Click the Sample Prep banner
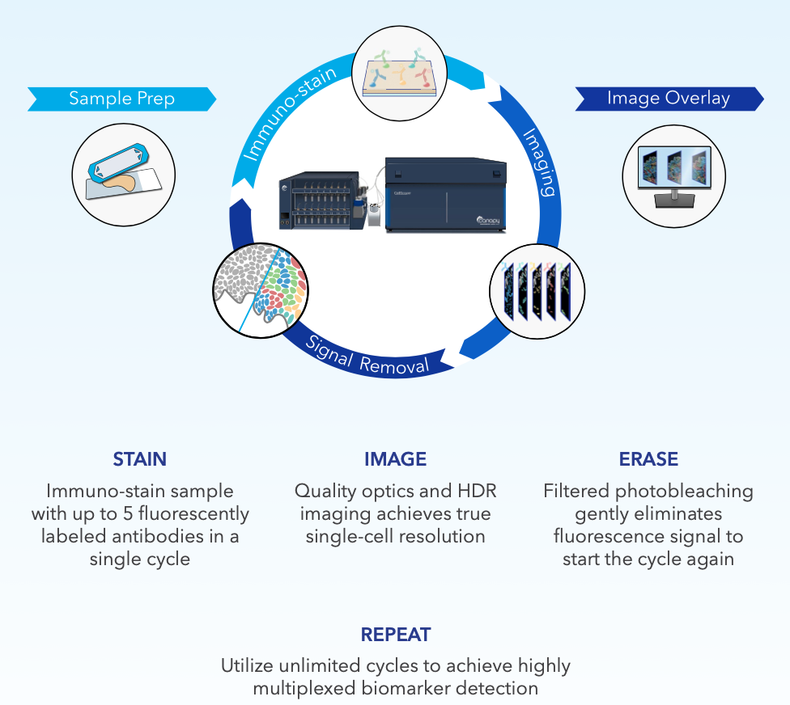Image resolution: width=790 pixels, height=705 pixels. [121, 99]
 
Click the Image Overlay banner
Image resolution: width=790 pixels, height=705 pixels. [669, 99]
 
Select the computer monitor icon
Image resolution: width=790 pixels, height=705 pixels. [674, 173]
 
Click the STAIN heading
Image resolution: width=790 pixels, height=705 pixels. [140, 460]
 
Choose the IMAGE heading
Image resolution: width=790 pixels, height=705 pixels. [395, 460]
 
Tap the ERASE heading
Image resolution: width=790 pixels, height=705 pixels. [648, 460]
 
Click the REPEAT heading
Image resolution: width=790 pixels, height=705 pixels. [396, 635]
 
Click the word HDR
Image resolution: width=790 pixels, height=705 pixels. [478, 491]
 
